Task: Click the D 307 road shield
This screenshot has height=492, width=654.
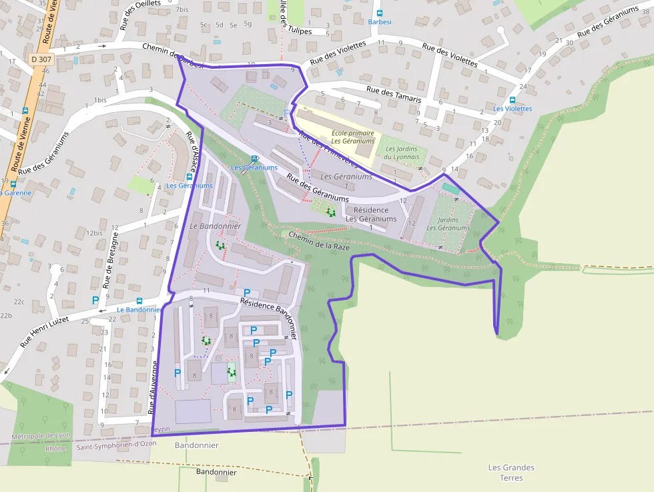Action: [41, 59]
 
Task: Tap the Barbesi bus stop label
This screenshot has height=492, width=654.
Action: [379, 21]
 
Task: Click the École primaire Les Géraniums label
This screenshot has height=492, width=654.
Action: [353, 137]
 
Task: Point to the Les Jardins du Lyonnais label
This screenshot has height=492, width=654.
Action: [402, 153]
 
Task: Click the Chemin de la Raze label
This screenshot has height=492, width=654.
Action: [320, 241]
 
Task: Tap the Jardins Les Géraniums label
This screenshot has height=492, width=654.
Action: [448, 224]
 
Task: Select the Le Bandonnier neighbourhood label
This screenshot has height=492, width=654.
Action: [215, 226]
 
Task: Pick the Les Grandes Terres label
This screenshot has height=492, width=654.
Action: [511, 473]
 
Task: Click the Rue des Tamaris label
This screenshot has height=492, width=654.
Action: [394, 93]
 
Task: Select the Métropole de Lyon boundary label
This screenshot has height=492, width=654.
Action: [41, 436]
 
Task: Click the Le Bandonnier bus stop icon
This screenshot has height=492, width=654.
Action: [139, 301]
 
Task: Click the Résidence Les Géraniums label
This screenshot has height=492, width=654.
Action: [370, 214]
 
